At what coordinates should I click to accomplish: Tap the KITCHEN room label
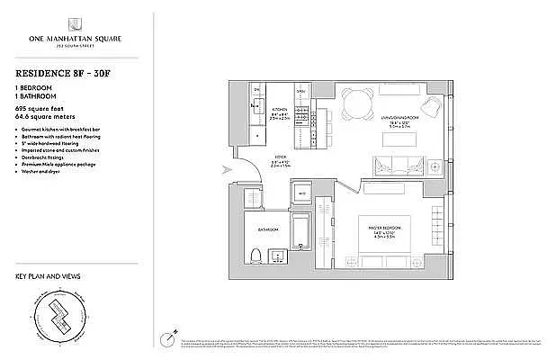tap(281, 111)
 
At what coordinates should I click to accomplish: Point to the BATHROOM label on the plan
tap(268, 231)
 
